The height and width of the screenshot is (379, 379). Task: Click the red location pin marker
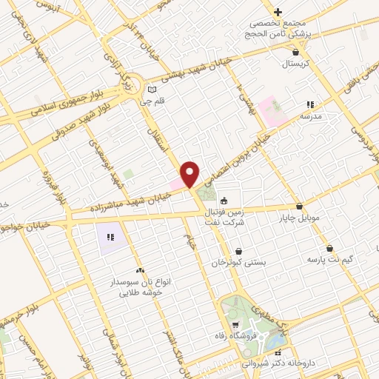point(190,174)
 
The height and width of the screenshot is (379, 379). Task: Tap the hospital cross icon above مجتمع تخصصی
point(278,12)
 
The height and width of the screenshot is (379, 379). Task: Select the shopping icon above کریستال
point(296,52)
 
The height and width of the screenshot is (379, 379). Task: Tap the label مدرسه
point(310,117)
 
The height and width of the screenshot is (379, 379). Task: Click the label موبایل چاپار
point(298,218)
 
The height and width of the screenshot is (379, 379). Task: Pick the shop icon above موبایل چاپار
point(299,207)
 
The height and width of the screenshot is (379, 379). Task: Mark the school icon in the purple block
point(110,238)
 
